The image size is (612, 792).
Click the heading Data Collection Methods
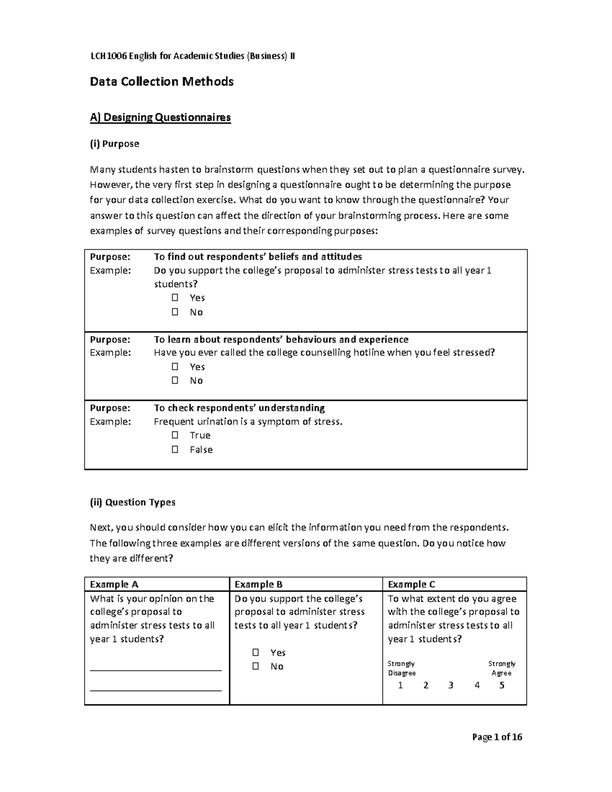click(162, 82)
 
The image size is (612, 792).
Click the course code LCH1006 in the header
click(108, 56)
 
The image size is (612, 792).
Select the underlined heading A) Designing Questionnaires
click(160, 118)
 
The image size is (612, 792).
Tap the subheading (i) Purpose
click(114, 144)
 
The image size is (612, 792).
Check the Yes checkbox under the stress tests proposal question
click(175, 298)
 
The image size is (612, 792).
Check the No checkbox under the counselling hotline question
click(175, 380)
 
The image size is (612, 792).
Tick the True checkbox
click(175, 435)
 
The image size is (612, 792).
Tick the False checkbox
click(175, 449)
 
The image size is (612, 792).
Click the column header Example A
click(114, 584)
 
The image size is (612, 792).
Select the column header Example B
click(259, 584)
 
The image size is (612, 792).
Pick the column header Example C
click(412, 584)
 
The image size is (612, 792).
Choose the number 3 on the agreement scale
click(451, 685)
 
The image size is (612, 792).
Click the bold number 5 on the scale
click(502, 685)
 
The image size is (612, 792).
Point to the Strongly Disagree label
click(401, 668)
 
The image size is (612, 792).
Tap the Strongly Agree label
click(502, 668)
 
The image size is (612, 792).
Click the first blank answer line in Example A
click(156, 670)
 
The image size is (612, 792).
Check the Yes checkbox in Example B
click(256, 653)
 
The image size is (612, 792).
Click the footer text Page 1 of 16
click(497, 737)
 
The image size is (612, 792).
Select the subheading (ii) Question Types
click(133, 502)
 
